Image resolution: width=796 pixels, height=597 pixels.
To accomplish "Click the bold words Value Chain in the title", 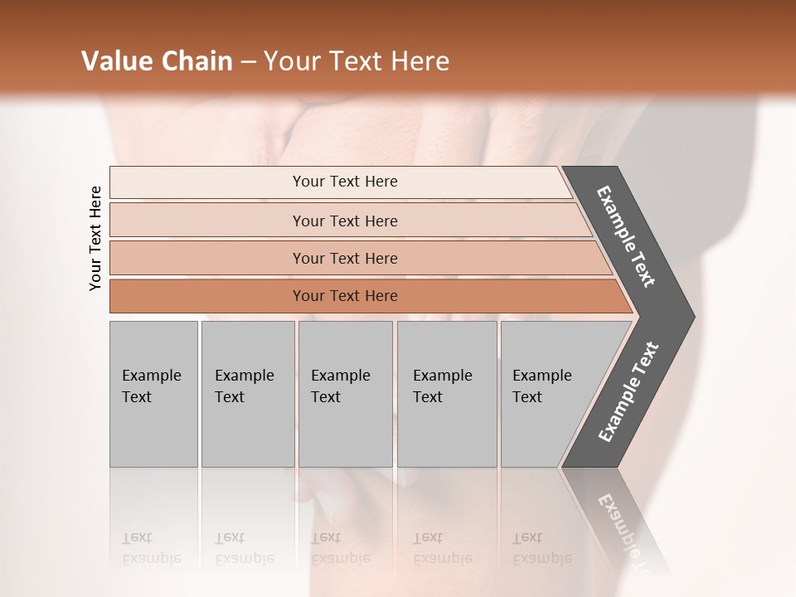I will point(157,61).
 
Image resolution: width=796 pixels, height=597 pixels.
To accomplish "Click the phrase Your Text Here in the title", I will point(357,61).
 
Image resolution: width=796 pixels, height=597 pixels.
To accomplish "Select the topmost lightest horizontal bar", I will point(207,182).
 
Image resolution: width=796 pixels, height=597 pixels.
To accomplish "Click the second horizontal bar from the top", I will point(207,221).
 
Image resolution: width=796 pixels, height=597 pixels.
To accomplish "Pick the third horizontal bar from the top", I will point(207,258).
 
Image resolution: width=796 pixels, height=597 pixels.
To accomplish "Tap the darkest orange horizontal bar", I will point(207,296).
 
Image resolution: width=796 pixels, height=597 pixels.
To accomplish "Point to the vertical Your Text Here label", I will point(95,238).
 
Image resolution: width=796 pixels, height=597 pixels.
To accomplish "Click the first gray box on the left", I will point(153,394).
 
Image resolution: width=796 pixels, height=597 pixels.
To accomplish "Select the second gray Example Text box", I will point(247,394).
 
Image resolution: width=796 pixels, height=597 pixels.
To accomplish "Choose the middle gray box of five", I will point(345,394).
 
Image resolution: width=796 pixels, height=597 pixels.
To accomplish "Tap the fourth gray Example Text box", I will point(447,394).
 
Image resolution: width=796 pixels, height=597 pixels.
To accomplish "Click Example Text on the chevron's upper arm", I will point(626,236).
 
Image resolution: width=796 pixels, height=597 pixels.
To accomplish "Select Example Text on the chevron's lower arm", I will point(629,392).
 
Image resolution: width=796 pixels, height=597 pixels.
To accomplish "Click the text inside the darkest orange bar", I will point(345,296).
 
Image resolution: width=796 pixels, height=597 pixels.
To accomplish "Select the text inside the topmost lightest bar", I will point(345,182).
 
